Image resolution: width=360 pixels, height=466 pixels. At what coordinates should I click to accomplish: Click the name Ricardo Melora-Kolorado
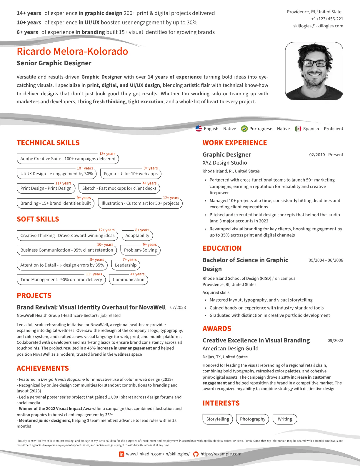72,51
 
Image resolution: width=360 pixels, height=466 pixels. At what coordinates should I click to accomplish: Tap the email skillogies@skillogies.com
318,26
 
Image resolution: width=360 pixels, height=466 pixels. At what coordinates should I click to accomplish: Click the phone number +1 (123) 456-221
327,19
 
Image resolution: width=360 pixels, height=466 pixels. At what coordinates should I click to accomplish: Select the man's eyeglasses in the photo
314,63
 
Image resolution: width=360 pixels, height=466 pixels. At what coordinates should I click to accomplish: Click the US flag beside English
199,129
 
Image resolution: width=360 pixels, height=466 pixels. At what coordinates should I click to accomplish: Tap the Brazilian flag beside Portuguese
244,129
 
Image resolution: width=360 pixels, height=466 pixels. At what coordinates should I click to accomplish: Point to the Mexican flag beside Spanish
298,129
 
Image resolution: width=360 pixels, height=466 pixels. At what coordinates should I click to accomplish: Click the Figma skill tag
131,174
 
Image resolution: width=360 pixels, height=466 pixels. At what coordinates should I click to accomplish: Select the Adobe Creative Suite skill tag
68,159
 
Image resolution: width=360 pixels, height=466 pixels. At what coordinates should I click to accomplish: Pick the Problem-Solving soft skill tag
140,250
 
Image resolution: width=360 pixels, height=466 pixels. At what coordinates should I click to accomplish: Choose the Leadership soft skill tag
126,265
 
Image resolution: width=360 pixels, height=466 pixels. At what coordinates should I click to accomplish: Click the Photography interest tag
252,419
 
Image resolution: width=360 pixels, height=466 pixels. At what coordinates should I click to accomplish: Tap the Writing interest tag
285,419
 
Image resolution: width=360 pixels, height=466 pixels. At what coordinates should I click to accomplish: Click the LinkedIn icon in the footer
121,454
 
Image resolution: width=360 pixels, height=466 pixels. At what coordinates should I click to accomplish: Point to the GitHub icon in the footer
196,454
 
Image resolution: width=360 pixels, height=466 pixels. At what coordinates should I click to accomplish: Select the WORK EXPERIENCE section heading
235,143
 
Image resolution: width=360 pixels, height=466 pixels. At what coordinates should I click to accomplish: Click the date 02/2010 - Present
326,155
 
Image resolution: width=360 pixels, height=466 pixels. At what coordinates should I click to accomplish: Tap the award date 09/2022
335,341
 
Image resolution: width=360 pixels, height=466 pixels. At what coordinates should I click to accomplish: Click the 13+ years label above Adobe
107,154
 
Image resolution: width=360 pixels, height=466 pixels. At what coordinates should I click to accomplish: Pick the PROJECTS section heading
34,296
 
